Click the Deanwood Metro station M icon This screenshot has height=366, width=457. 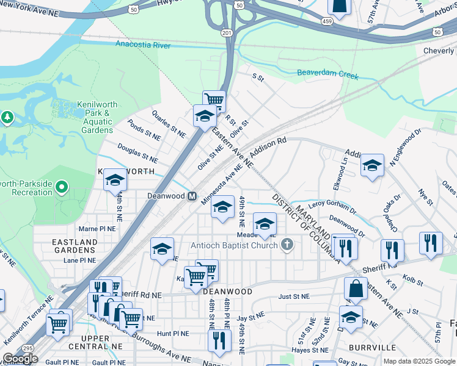tap(192, 196)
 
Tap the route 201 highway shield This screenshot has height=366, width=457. tap(227, 32)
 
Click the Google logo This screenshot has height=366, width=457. tap(20, 359)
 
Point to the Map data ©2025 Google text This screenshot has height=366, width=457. tap(419, 361)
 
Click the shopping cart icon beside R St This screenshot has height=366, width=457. tap(214, 99)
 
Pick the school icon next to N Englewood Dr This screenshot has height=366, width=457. tap(372, 165)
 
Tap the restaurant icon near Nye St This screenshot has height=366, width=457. tap(431, 242)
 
